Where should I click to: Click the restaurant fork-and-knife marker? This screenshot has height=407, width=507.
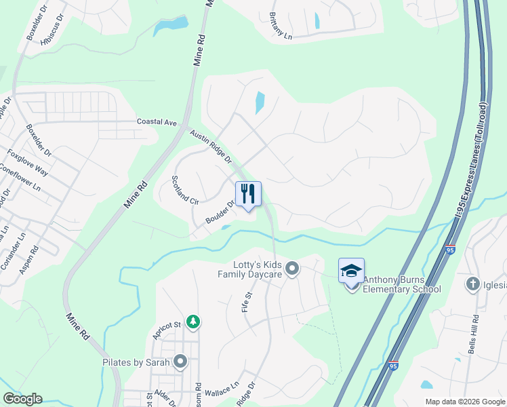tap(248, 194)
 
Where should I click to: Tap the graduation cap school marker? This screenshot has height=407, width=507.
tap(351, 271)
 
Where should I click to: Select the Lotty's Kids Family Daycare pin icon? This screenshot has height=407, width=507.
tap(292, 269)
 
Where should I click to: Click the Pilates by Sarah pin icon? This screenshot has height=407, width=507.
tap(180, 362)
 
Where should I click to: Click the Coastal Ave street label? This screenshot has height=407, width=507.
tap(157, 122)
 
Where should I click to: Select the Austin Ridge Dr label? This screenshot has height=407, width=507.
tap(211, 147)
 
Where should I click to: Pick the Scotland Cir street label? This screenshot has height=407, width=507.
tap(184, 191)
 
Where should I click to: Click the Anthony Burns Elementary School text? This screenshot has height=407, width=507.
tap(402, 284)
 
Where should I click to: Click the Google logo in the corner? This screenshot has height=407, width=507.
tap(22, 399)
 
